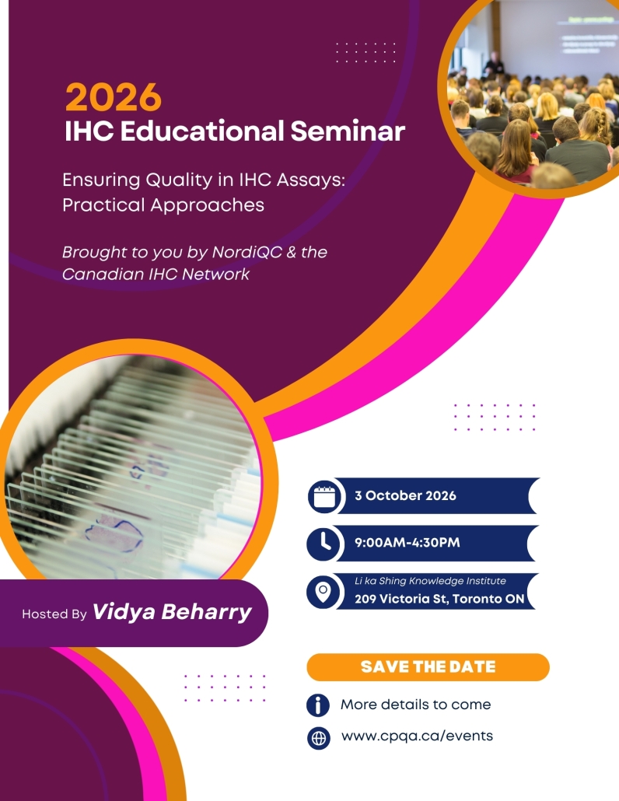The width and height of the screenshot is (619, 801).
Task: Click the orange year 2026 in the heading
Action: pyautogui.click(x=114, y=97)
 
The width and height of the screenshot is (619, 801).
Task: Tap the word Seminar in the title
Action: pyautogui.click(x=348, y=131)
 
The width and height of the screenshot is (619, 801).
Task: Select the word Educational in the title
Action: pyautogui.click(x=201, y=131)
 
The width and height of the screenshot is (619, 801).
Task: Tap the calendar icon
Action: pyautogui.click(x=323, y=496)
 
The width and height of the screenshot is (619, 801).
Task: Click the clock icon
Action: pyautogui.click(x=323, y=543)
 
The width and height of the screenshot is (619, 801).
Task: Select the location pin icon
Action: pyautogui.click(x=323, y=592)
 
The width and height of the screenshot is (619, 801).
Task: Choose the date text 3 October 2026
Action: pyautogui.click(x=405, y=495)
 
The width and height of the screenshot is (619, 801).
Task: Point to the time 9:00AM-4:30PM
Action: pyautogui.click(x=407, y=543)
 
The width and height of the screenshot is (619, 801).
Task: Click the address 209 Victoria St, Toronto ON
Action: pyautogui.click(x=439, y=599)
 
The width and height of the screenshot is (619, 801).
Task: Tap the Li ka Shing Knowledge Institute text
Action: pyautogui.click(x=430, y=581)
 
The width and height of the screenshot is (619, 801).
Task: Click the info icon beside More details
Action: pyautogui.click(x=318, y=705)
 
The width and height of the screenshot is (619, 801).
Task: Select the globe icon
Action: pyautogui.click(x=319, y=738)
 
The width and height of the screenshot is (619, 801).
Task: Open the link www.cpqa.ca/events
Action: pyautogui.click(x=418, y=736)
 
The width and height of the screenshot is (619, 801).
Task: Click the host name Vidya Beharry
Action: pyautogui.click(x=172, y=611)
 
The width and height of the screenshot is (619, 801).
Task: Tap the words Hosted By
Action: pyautogui.click(x=54, y=614)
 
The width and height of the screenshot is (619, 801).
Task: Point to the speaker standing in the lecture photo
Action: pyautogui.click(x=494, y=63)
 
